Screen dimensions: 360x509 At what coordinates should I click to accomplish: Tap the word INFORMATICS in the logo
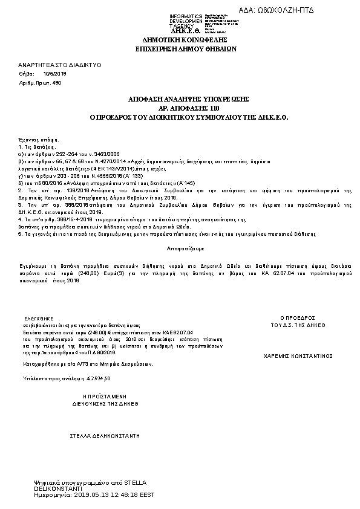(186, 16)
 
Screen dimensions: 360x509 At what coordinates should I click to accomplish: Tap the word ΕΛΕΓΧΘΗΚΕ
(39, 317)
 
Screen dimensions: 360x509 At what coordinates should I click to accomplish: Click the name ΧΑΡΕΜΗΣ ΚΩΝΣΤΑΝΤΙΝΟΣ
(299, 356)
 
